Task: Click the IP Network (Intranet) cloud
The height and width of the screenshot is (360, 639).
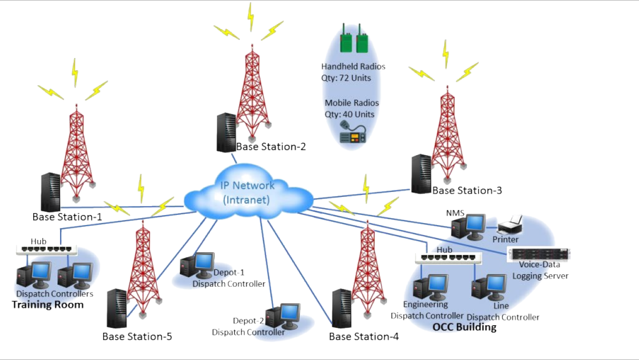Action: [247, 193]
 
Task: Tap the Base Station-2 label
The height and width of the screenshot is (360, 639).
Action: [271, 146]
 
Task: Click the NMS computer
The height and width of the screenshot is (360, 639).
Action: [468, 226]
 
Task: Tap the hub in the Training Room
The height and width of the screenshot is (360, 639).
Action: [47, 250]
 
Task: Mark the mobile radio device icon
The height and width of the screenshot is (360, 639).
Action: [353, 134]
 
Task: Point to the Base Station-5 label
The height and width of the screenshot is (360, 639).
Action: [137, 337]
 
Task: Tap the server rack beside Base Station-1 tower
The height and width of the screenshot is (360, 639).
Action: [51, 191]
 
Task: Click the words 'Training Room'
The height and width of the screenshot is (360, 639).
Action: [48, 304]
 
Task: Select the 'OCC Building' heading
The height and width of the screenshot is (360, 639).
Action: [464, 327]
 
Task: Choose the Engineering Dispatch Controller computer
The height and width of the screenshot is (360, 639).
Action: [430, 287]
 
